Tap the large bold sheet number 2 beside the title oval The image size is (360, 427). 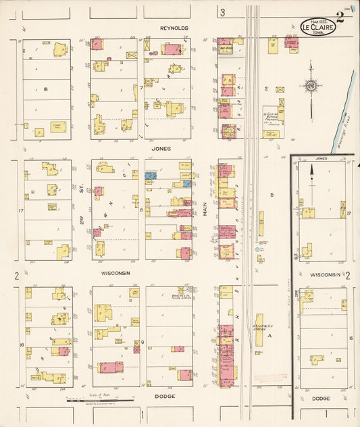pyautogui.click(x=340, y=18)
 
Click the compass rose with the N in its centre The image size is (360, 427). pyautogui.click(x=311, y=86)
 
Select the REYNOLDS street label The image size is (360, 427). pyautogui.click(x=174, y=28)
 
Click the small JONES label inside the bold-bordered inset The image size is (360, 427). pyautogui.click(x=321, y=159)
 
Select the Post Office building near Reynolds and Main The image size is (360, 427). pyautogui.click(x=225, y=49)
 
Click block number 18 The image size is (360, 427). pyautogui.click(x=46, y=89)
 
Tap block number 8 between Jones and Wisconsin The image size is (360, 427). pyautogui.click(x=141, y=209)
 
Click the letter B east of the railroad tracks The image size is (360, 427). pyautogui.click(x=272, y=196)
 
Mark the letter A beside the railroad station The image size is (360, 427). pyautogui.click(x=269, y=335)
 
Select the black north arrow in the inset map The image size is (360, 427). pyautogui.click(x=311, y=174)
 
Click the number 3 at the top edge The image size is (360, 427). pyautogui.click(x=222, y=12)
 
